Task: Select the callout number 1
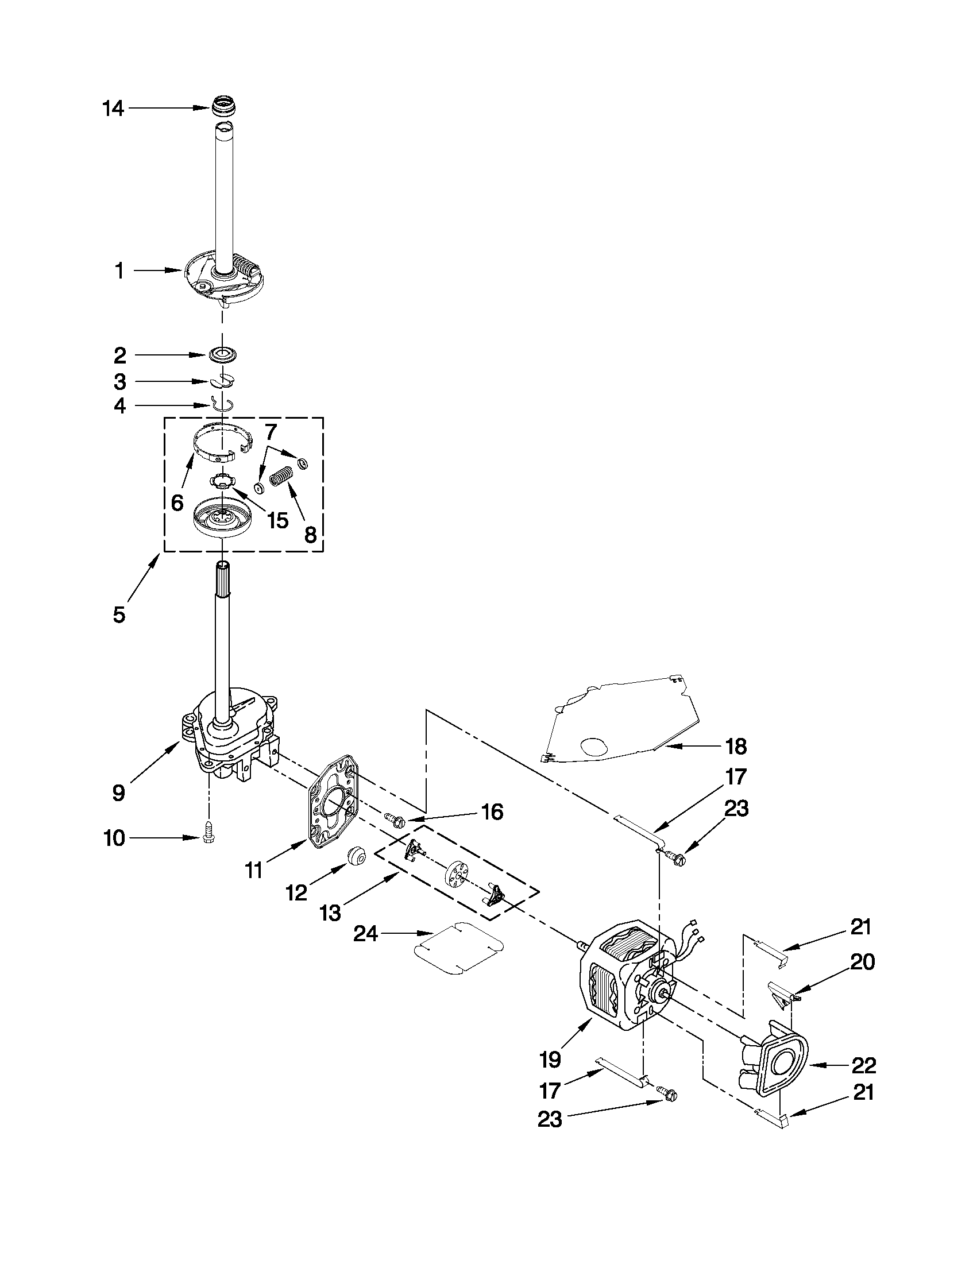pyautogui.click(x=119, y=270)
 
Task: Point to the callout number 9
pyautogui.click(x=119, y=793)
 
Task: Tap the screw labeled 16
pyautogui.click(x=395, y=819)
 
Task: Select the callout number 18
pyautogui.click(x=736, y=747)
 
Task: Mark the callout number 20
pyautogui.click(x=862, y=962)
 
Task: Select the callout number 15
pyautogui.click(x=277, y=520)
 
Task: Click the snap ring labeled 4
pyautogui.click(x=222, y=404)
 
